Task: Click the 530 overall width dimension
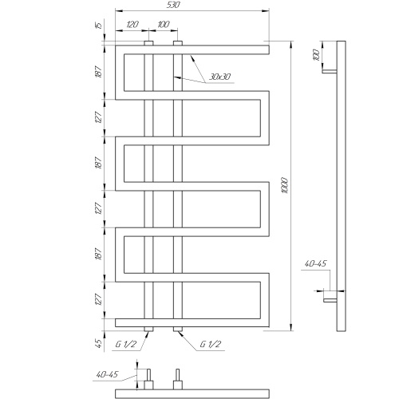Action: coord(173,5)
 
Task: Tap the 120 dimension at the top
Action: coord(132,25)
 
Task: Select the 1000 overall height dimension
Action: coord(285,185)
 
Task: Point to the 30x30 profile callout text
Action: coord(219,77)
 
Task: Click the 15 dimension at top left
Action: coord(99,26)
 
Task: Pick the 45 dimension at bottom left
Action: coord(98,343)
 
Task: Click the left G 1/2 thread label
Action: coord(126,344)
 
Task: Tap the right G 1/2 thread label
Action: coord(211,344)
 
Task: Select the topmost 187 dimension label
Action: coord(98,71)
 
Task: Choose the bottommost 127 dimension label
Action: coord(98,299)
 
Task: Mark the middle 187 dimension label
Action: coord(98,162)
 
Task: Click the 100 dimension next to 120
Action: coord(164,25)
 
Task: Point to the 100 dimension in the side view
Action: coord(317,56)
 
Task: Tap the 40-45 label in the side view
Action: coord(315,263)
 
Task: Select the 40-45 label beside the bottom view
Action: coord(107,374)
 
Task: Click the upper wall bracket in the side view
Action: coord(330,71)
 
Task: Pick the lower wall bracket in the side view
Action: coord(330,300)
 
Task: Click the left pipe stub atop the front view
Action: coord(148,43)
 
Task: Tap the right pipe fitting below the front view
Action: coord(178,329)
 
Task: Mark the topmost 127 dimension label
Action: coord(98,117)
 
